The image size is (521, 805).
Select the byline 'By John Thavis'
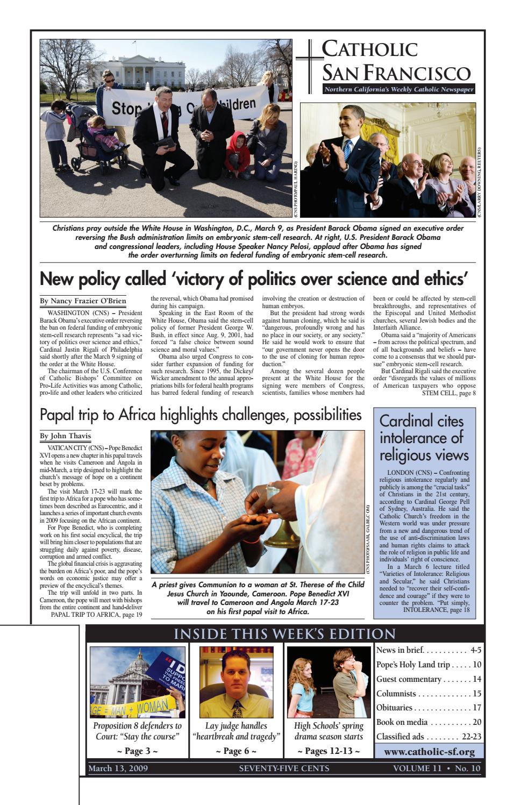[66, 436]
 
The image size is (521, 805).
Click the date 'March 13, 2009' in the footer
[118, 768]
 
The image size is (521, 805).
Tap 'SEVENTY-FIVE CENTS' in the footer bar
[284, 768]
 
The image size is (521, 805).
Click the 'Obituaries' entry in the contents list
[429, 708]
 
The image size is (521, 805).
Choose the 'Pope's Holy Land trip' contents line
[429, 665]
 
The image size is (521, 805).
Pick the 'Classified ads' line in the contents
[429, 737]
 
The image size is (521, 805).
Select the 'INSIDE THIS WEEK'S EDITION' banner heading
[284, 634]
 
